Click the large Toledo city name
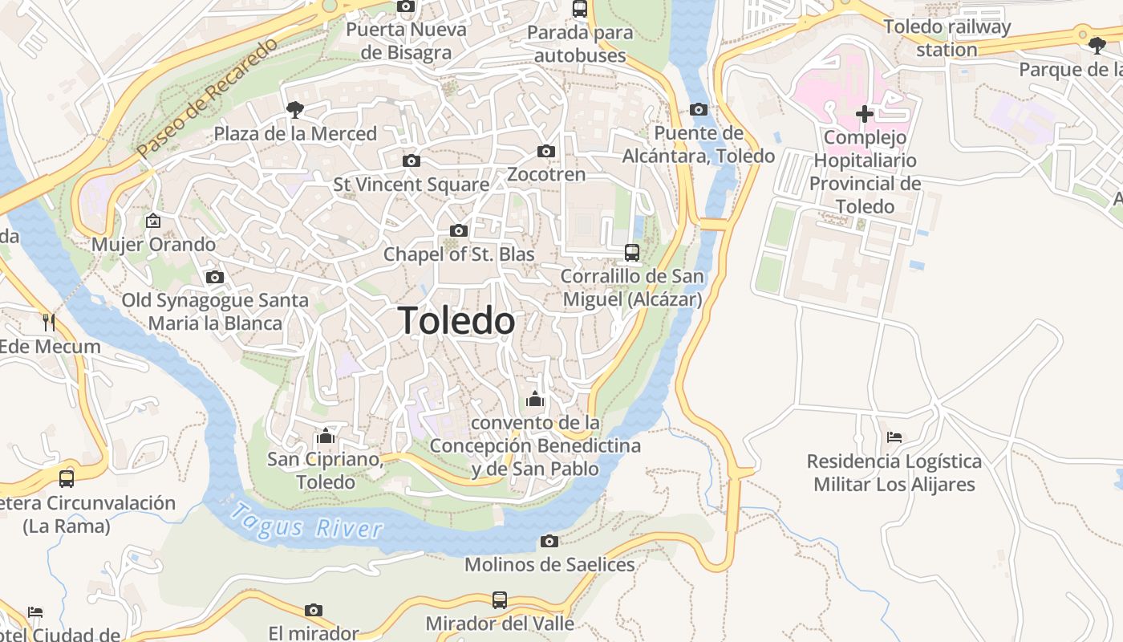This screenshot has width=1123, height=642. (x=456, y=321)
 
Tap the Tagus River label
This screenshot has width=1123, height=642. (x=306, y=520)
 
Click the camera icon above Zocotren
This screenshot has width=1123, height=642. (x=546, y=152)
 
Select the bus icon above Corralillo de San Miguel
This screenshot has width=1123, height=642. (x=632, y=253)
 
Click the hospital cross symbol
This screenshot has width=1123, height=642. (x=864, y=114)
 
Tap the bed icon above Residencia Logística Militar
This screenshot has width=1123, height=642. (x=894, y=437)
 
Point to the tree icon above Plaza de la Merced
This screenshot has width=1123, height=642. (x=295, y=110)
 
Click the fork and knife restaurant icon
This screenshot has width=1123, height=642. (x=49, y=323)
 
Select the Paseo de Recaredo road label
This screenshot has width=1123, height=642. (x=206, y=97)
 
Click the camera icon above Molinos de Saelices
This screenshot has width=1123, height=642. (x=549, y=542)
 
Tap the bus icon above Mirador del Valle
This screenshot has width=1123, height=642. (x=500, y=600)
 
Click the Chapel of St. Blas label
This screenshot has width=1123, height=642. (x=459, y=254)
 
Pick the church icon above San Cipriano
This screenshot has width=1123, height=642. (x=326, y=437)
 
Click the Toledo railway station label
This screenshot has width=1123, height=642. (x=947, y=38)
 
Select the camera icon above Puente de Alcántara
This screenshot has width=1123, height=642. (x=699, y=110)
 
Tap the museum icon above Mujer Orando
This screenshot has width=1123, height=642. (x=153, y=221)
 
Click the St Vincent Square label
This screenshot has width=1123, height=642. (x=411, y=185)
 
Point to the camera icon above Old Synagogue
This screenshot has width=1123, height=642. (x=215, y=278)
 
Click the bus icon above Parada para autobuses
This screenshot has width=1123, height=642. (x=580, y=9)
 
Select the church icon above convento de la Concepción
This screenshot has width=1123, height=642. (x=535, y=399)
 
